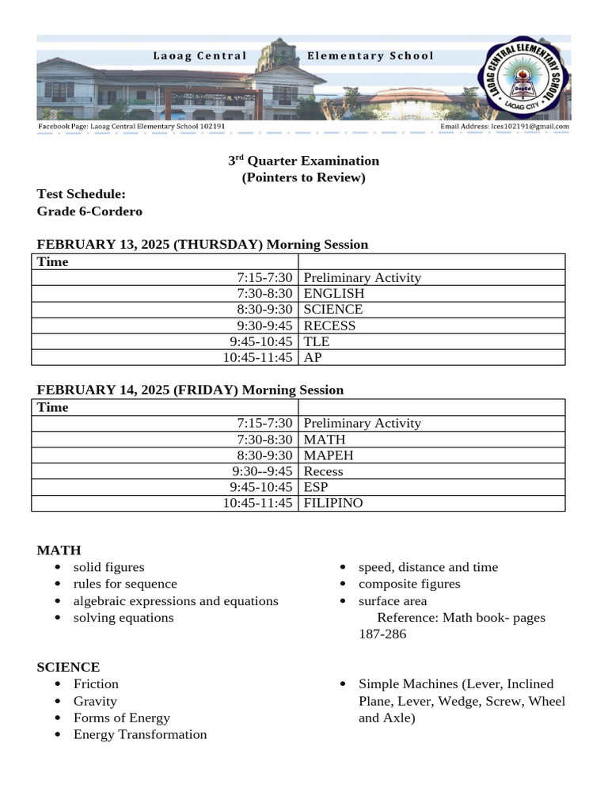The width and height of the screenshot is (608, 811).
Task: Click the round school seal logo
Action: click(x=524, y=78)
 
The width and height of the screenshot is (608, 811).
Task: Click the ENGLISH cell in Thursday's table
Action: click(x=323, y=294)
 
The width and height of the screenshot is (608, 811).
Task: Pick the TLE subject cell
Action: click(x=317, y=341)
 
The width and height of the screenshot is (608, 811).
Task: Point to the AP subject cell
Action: click(x=313, y=357)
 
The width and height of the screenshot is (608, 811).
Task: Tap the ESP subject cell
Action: click(x=316, y=487)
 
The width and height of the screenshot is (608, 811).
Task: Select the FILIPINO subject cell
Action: click(x=333, y=503)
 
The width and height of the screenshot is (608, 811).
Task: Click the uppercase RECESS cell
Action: click(x=329, y=326)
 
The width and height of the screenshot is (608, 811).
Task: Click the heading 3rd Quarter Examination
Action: click(x=304, y=161)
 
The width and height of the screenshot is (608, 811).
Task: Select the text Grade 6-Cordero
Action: click(x=89, y=211)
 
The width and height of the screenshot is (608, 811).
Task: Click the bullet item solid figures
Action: click(x=109, y=567)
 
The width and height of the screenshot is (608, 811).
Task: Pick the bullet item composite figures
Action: click(x=409, y=584)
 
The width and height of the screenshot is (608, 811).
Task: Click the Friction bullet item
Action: click(x=96, y=684)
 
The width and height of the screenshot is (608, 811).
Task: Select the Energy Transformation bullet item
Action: click(x=140, y=735)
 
